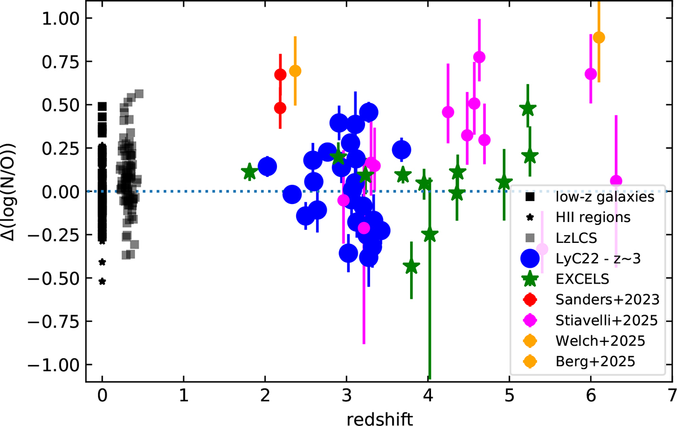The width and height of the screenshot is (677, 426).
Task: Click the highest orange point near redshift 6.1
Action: click(599, 37)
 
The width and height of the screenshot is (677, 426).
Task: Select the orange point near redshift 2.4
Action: click(295, 71)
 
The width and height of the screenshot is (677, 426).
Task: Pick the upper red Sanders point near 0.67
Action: click(280, 75)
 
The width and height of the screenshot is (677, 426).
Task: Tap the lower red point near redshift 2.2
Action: click(280, 108)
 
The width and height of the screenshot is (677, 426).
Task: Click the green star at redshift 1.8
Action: click(249, 172)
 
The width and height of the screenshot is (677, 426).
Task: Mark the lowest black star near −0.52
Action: click(102, 281)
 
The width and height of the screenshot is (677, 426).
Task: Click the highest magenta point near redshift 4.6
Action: click(480, 57)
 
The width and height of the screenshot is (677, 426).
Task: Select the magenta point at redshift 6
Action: click(591, 74)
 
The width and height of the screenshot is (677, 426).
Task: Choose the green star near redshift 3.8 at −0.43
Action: click(411, 267)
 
